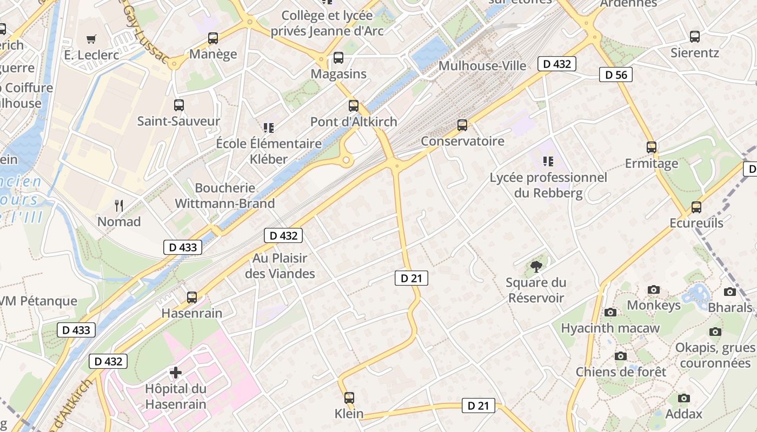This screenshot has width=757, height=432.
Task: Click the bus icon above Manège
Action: click(x=213, y=38)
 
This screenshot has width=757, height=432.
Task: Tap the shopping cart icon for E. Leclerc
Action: click(x=91, y=39)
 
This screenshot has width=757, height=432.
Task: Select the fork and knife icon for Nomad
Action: click(x=119, y=205)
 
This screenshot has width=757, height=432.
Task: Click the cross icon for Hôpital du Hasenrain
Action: click(x=176, y=373)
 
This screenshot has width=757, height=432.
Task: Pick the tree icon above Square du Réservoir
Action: click(x=536, y=266)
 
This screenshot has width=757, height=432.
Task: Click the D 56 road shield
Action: click(x=615, y=75)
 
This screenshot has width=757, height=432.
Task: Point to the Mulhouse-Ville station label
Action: click(x=482, y=66)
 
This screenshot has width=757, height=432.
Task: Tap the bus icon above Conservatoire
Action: click(x=462, y=125)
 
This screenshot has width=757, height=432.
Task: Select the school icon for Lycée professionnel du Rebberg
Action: click(x=548, y=161)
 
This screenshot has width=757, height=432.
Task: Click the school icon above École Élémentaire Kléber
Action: click(x=269, y=128)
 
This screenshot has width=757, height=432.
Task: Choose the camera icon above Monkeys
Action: click(x=654, y=290)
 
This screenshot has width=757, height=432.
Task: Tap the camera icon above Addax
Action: click(x=684, y=399)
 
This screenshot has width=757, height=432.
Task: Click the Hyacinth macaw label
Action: click(x=610, y=328)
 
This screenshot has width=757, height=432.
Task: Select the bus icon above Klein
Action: click(x=349, y=398)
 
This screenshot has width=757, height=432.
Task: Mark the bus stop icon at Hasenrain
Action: click(x=192, y=297)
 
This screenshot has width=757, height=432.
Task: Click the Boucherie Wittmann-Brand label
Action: click(x=225, y=195)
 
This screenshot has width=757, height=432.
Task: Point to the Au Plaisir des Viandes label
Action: click(x=280, y=266)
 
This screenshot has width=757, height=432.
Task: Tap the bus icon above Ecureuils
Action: click(x=696, y=207)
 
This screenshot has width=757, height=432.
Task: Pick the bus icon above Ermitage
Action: click(x=652, y=147)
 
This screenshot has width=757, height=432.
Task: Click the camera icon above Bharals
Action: click(x=730, y=292)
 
